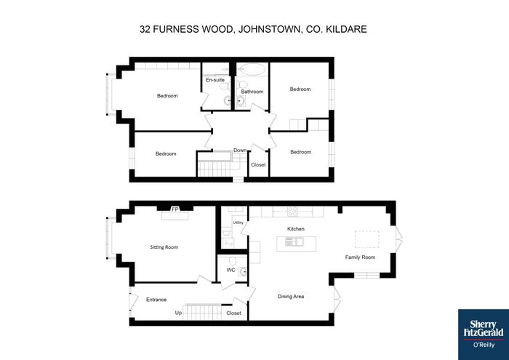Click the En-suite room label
point(215,79)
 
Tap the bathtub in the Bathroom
point(251,69)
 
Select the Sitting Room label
point(164,247)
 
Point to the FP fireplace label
point(175,209)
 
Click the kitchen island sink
point(294,241)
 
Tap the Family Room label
point(360,257)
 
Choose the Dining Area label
point(291,297)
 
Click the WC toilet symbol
point(232,260)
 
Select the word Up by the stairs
point(178,313)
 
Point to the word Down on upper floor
point(240,151)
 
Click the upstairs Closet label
point(258,164)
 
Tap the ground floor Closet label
point(233,313)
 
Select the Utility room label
point(238,223)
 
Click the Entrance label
point(156,300)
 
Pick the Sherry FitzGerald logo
point(484,335)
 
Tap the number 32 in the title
point(145,29)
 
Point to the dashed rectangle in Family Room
point(366,239)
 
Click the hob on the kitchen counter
point(293,212)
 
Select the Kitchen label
point(296,229)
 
